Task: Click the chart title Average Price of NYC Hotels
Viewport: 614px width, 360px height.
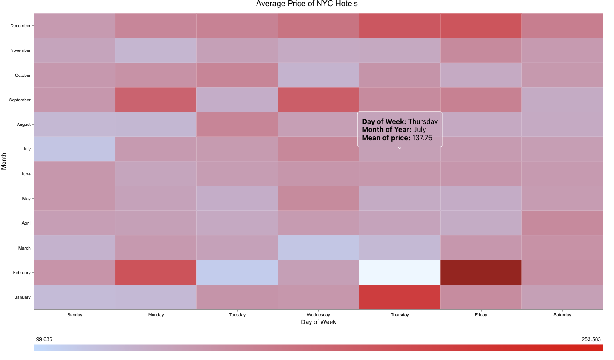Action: [x=307, y=4]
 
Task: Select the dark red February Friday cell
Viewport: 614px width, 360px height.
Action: [x=481, y=272]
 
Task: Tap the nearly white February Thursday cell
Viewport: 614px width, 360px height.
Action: [x=400, y=272]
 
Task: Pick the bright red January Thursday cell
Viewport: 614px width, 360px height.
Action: [x=400, y=297]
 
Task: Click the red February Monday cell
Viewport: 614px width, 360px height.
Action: [x=156, y=272]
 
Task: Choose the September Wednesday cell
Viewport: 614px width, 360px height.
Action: [x=318, y=100]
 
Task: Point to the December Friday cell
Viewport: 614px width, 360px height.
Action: [x=481, y=25]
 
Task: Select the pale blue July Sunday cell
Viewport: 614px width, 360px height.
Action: [x=75, y=149]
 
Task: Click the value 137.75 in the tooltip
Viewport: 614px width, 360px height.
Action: [x=422, y=138]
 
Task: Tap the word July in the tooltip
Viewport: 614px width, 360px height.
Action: [x=419, y=130]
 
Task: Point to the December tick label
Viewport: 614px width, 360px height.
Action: [x=20, y=26]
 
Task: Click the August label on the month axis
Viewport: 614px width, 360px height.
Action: [x=24, y=125]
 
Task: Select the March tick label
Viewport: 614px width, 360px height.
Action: [x=25, y=248]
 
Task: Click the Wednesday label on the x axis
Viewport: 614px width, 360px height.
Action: [x=318, y=314]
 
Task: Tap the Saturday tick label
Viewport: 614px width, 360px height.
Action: [x=562, y=314]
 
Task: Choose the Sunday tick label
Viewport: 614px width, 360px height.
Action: [x=75, y=314]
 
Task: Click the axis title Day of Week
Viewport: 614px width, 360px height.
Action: [x=318, y=322]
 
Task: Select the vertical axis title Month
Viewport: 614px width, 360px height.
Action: [x=4, y=161]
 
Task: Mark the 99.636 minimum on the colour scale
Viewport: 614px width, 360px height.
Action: [x=44, y=339]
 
